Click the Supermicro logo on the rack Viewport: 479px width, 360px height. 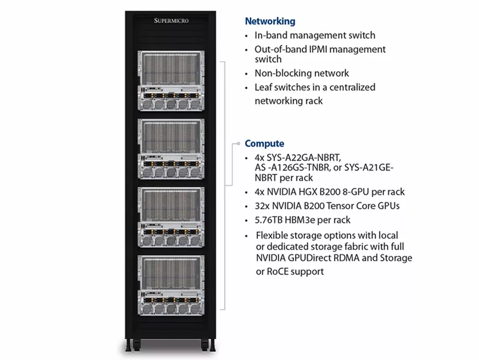point(171,21)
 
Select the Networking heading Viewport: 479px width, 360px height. point(270,21)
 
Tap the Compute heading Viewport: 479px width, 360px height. point(264,144)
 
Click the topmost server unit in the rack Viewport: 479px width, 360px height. point(171,81)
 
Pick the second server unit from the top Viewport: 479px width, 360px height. point(171,149)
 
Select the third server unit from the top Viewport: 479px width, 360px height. point(171,217)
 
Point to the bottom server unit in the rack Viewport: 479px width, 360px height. point(171,285)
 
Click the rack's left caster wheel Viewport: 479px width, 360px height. point(137,345)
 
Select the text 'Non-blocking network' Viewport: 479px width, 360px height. point(302,73)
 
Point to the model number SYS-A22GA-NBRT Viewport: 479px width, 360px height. point(304,158)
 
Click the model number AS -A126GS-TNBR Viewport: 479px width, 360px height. point(293,168)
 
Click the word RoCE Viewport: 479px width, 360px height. point(278,272)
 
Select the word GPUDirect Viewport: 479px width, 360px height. point(310,258)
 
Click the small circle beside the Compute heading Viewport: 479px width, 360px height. point(238,144)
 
